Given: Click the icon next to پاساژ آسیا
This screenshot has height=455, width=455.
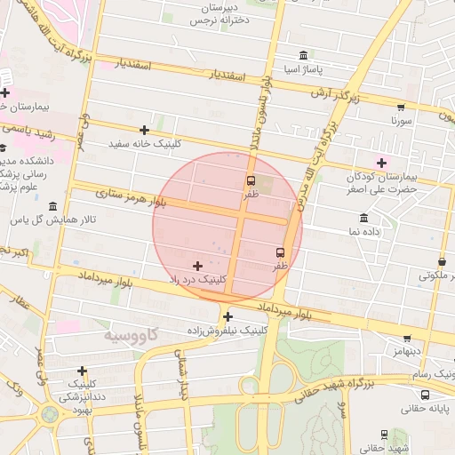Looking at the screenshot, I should [304, 55].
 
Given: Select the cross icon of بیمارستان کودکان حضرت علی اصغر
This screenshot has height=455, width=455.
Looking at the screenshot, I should [382, 163].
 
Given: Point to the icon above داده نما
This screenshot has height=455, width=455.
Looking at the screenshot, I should [363, 219].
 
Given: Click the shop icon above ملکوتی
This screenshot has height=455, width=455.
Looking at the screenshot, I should [442, 262].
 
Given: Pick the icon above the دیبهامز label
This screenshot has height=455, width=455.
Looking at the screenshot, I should [407, 339].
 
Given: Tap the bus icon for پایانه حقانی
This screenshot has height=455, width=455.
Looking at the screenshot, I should [425, 395].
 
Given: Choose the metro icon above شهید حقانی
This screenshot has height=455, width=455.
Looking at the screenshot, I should [384, 435].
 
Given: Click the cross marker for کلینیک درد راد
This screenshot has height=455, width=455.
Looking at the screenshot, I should [196, 266].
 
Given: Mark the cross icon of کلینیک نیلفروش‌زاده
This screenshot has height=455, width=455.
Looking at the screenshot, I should [227, 316].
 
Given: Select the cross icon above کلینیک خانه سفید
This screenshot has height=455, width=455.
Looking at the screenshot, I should [144, 130].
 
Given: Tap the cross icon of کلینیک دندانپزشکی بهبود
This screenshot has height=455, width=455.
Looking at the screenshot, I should [83, 371].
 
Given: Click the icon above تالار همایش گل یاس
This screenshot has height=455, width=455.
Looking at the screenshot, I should [52, 206].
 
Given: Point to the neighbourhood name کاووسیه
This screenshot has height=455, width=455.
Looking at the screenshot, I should [130, 335].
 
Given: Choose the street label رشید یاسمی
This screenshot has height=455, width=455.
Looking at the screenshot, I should [28, 131].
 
